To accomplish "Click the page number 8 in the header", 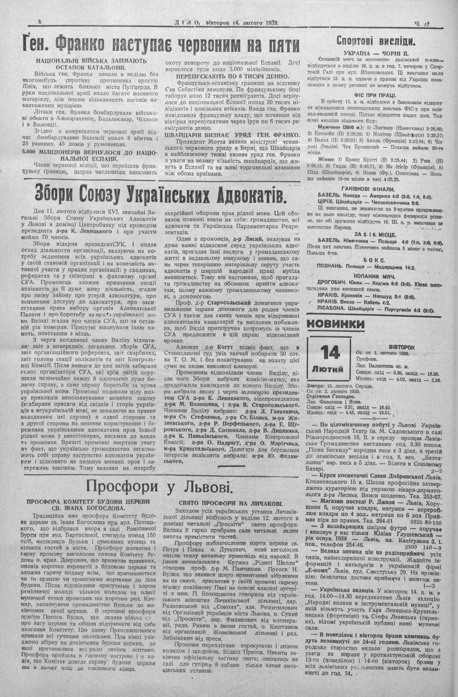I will tap(40, 22).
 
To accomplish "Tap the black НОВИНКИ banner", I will tap(335, 324).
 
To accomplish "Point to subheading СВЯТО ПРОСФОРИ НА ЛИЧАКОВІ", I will tap(231, 503).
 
